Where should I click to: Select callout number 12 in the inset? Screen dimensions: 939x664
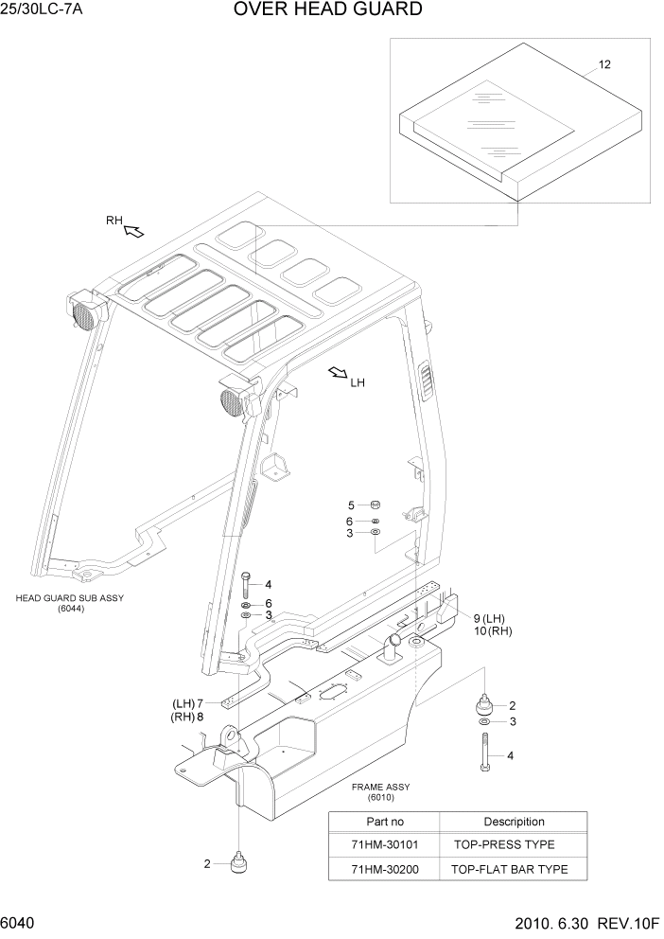point(604,64)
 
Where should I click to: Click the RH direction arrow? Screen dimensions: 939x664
point(133,230)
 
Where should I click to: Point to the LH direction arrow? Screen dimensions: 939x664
point(337,374)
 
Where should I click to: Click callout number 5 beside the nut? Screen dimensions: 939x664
point(351,505)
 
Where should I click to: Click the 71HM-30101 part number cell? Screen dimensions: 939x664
point(383,844)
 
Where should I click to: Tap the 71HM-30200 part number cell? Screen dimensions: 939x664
point(383,869)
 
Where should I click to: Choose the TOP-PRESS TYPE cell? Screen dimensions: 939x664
point(504,844)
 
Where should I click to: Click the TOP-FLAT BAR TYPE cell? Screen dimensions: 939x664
point(510,869)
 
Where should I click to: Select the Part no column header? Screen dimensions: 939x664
point(384,822)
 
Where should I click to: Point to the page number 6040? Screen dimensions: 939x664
point(20,923)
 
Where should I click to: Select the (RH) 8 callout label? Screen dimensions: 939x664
point(187,717)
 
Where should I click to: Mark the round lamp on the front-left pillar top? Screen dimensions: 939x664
point(230,406)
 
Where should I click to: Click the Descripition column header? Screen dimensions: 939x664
point(514,822)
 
